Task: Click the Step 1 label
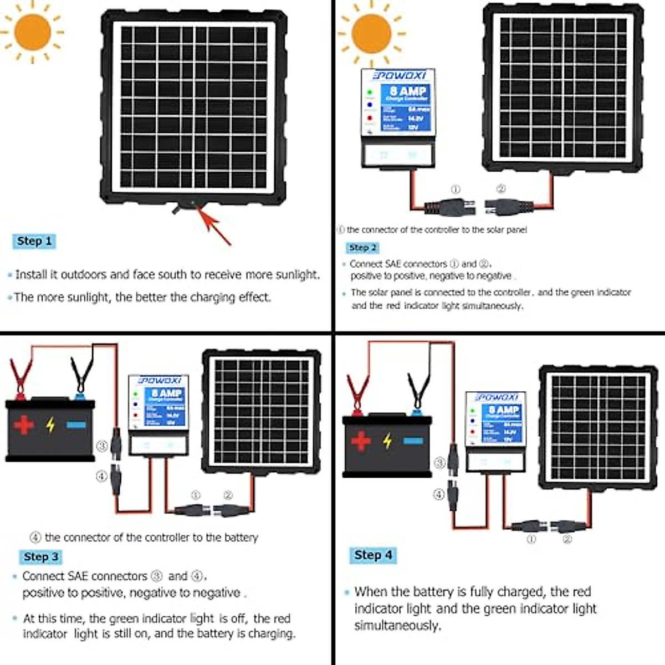[x=34, y=241]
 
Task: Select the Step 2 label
[x=363, y=248]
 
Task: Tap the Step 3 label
[x=40, y=556]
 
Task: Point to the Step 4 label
[x=372, y=555]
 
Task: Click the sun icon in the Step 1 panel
[x=33, y=32]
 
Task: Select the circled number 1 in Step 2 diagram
[x=456, y=189]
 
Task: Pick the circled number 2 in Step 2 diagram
[x=501, y=189]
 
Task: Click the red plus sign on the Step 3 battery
[x=24, y=425]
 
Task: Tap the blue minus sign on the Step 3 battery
[x=76, y=425]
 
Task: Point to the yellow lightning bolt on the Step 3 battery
[x=50, y=425]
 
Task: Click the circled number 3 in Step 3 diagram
[x=101, y=445]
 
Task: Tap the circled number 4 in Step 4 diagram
[x=438, y=494]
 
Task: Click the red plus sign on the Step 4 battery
[x=361, y=442]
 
